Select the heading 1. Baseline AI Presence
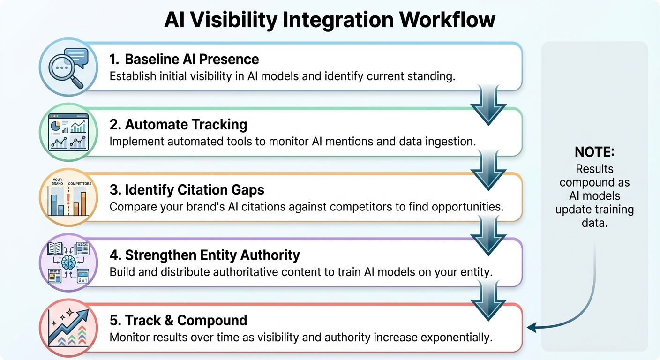point(184,59)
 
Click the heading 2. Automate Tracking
point(178,125)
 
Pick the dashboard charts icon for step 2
point(68,133)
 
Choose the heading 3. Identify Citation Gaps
point(187,190)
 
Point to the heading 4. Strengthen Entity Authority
point(205,255)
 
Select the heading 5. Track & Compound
point(178,321)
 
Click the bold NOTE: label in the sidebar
point(594,152)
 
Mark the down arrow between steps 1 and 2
point(488,105)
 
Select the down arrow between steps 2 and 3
point(488,171)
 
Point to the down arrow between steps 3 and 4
point(488,236)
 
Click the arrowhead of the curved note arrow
point(531,327)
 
